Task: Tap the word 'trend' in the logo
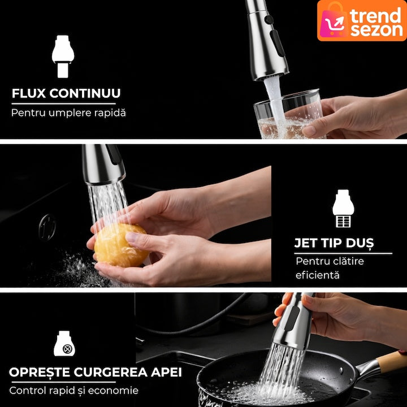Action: tap(375, 15)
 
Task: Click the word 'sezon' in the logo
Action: tap(376, 30)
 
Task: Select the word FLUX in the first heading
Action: tap(29, 93)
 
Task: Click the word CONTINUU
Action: tap(85, 93)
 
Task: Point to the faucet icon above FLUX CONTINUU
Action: tap(63, 57)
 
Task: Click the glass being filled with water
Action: tap(288, 114)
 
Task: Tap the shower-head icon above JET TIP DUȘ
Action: tap(343, 209)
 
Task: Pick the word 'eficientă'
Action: tap(318, 275)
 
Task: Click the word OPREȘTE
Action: tap(40, 373)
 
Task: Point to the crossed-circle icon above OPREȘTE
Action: tap(67, 349)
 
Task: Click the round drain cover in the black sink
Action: tap(47, 227)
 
